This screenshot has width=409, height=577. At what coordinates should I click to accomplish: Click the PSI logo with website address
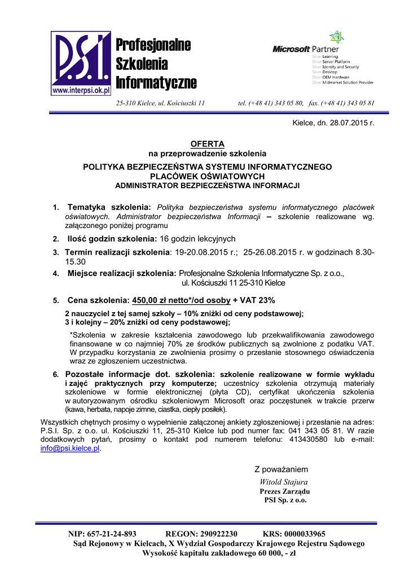pos(81,63)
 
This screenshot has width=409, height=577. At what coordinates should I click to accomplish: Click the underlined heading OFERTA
pos(207,144)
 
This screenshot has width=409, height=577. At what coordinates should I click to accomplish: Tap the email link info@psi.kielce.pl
pos(71,448)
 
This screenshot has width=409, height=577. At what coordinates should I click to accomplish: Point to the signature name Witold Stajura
pos(283,482)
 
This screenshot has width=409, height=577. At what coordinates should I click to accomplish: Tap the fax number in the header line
pos(353,103)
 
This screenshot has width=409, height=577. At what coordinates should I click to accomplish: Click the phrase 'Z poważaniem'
pos(282,469)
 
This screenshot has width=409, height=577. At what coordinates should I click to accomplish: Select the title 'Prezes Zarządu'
pos(284,491)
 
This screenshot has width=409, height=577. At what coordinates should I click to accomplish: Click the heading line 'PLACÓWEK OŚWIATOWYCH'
pos(207,176)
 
